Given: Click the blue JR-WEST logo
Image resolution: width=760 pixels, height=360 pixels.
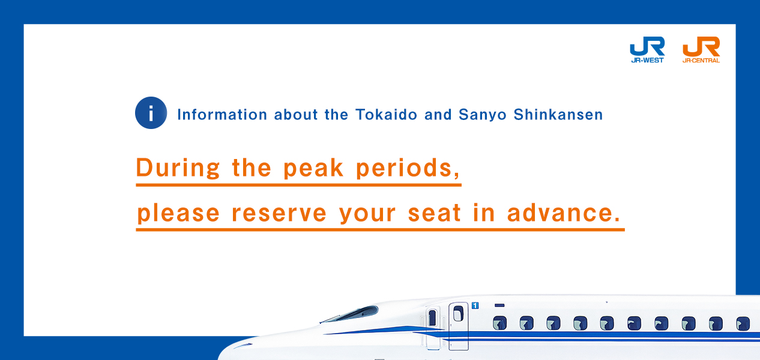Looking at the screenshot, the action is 647,49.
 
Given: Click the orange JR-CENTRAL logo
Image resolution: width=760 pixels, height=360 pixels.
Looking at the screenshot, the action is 701,49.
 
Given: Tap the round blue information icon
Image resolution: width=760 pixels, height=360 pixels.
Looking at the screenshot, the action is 151,113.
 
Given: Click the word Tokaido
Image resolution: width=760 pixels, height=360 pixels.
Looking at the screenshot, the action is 387,115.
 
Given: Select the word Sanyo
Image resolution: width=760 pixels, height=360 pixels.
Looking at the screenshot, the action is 483,115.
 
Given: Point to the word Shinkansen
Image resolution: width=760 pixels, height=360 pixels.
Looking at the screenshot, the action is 558,115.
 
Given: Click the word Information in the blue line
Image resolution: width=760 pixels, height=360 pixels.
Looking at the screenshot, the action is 222,115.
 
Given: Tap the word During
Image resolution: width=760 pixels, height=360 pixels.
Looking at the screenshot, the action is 178,168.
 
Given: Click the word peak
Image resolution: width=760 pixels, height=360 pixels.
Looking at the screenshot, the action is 313,168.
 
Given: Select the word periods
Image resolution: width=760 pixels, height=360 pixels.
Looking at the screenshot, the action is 408,168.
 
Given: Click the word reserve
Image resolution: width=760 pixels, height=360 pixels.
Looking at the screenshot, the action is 279,213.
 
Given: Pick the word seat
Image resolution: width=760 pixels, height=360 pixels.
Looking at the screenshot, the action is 434,213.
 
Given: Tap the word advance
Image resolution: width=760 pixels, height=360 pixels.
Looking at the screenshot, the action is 564,213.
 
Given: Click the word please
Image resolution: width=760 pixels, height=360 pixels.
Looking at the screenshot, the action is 178,214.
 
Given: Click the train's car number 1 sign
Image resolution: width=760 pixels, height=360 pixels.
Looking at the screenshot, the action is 475,306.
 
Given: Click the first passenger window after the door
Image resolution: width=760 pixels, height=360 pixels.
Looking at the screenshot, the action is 500,323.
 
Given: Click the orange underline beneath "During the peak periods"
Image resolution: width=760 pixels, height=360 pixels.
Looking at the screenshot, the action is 298,185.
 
